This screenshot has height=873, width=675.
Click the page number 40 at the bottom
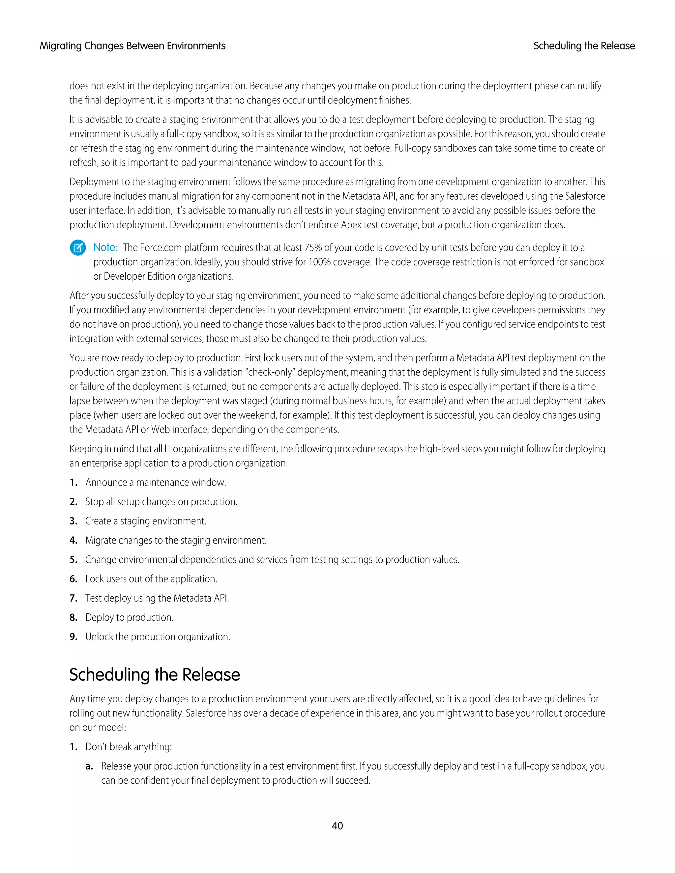click(337, 826)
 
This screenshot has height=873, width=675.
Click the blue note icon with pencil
click(77, 248)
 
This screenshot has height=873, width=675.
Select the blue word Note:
click(105, 247)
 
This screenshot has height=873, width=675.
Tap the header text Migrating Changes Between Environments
click(132, 46)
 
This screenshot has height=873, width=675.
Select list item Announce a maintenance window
click(156, 483)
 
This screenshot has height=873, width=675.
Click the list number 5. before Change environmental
click(73, 560)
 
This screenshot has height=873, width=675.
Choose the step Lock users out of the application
click(151, 579)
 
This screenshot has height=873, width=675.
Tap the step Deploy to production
click(129, 618)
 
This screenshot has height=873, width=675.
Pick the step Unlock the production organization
click(158, 637)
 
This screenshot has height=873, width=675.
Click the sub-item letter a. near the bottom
click(89, 766)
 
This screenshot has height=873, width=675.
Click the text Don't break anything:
click(128, 747)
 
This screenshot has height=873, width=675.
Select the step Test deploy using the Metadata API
click(157, 598)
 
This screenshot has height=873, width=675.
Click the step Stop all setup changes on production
click(161, 502)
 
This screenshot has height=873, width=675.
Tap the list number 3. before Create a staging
click(73, 521)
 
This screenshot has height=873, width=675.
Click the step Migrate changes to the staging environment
click(176, 540)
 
